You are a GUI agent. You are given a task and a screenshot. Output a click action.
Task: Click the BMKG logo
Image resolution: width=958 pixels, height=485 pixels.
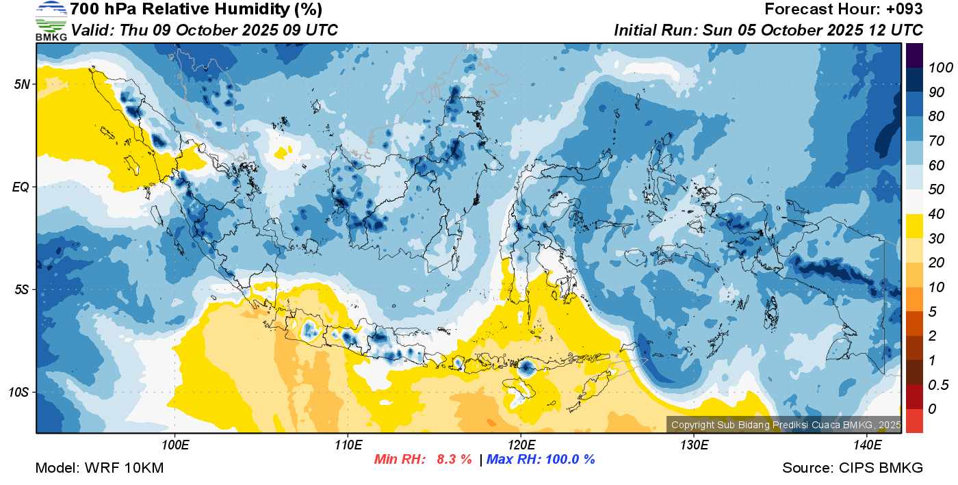[x=51, y=21]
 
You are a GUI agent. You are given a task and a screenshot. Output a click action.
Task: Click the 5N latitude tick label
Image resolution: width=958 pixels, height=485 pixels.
[x=22, y=84]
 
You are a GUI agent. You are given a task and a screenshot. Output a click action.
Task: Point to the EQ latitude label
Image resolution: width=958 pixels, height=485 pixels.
[x=21, y=187]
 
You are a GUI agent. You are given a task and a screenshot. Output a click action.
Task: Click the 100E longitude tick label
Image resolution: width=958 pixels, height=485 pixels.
[x=175, y=445]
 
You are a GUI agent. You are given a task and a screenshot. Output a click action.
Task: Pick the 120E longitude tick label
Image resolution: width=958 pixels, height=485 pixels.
[x=521, y=445]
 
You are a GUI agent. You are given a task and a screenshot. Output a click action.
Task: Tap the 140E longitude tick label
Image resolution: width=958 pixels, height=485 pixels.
[x=867, y=445]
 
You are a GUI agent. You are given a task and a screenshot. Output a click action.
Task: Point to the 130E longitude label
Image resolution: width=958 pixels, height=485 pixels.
[x=694, y=445]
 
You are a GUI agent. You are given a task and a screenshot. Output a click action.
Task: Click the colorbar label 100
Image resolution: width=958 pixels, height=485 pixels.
[x=940, y=68]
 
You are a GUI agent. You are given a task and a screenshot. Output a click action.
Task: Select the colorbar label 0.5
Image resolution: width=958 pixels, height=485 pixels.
[x=938, y=385]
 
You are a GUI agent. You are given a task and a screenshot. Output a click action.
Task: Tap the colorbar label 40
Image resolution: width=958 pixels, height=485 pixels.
[x=936, y=214]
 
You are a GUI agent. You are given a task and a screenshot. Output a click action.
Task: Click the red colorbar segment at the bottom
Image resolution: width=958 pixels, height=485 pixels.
[x=914, y=421]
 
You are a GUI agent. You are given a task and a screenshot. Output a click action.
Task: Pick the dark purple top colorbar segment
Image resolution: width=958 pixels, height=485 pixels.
[x=914, y=55]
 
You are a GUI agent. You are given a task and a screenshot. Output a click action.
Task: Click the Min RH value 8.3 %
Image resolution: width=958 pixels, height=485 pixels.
[x=454, y=459]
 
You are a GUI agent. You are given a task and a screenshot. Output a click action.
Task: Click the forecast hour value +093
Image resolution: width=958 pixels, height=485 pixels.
[x=904, y=9]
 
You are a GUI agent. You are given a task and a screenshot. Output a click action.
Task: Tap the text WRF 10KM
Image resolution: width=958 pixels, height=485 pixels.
[x=124, y=468]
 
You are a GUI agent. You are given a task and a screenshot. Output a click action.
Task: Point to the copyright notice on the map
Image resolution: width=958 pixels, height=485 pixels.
[x=786, y=425]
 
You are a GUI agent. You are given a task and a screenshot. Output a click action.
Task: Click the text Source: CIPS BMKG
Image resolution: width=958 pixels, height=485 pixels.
[x=853, y=468]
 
